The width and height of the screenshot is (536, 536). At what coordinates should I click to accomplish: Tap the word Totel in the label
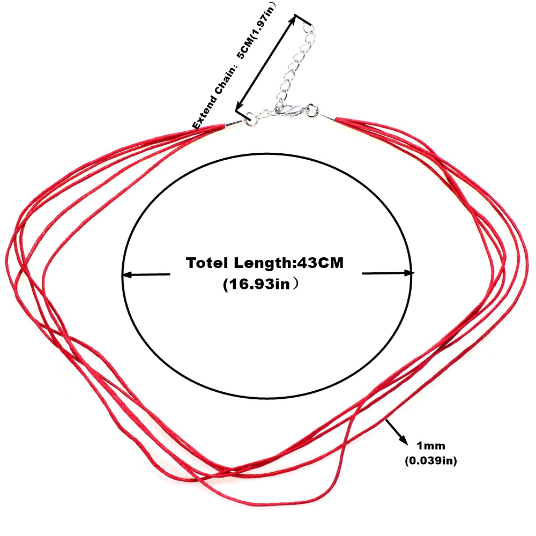point(207,263)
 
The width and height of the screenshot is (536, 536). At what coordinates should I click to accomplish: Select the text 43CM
point(321,263)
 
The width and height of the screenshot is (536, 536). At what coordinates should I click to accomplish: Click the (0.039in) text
point(431,461)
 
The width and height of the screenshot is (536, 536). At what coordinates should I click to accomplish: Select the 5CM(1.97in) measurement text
point(256,31)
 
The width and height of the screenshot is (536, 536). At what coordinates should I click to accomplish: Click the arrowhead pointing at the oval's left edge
point(127,274)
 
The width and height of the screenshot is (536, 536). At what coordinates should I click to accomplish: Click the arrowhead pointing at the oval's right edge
point(409,273)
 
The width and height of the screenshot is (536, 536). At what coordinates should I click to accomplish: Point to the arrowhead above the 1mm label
point(404,440)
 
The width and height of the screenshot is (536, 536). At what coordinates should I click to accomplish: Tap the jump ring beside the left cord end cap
point(252,120)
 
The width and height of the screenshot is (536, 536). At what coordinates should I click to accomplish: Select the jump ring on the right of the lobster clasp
point(312,110)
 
